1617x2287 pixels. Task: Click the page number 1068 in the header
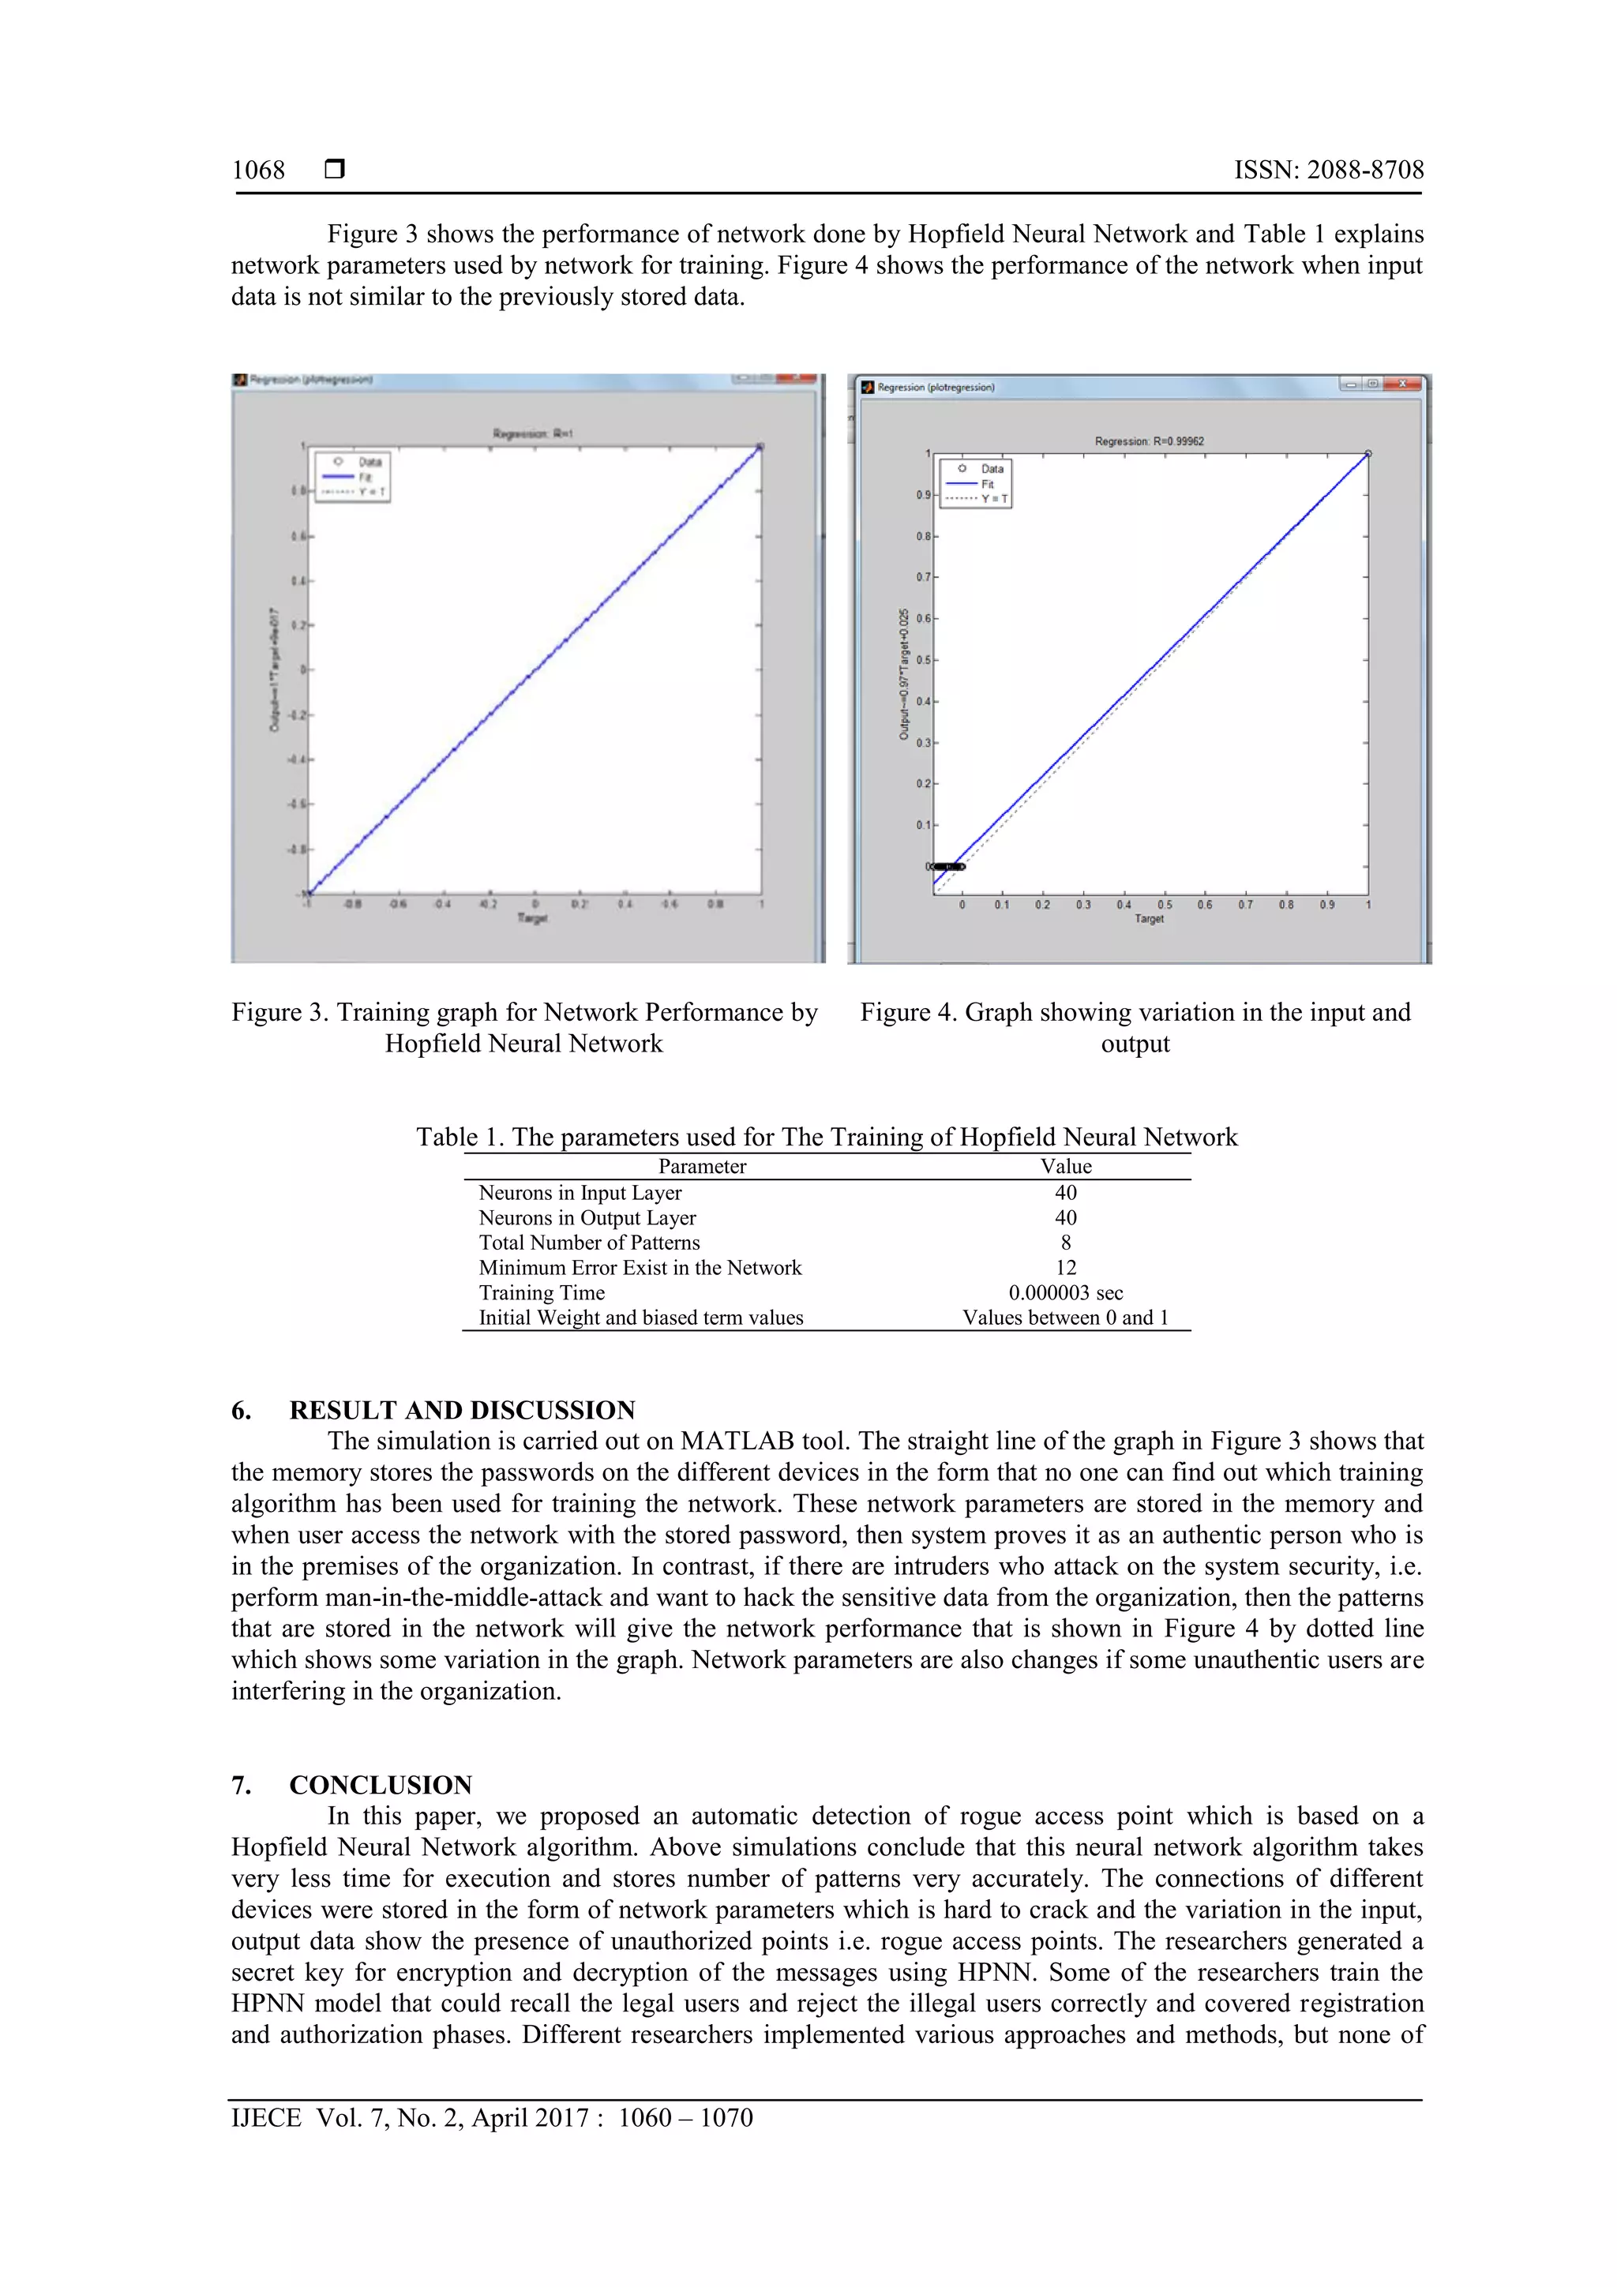pyautogui.click(x=258, y=171)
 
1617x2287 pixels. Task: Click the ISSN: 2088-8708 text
pyautogui.click(x=1328, y=171)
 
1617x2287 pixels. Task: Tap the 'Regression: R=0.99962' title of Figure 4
pyautogui.click(x=1149, y=441)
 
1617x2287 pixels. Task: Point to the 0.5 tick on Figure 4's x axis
pyautogui.click(x=1165, y=905)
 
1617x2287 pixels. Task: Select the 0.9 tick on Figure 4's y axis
pyautogui.click(x=924, y=495)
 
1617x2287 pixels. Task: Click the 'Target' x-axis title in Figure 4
pyautogui.click(x=1149, y=918)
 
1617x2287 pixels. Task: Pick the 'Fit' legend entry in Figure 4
pyautogui.click(x=988, y=484)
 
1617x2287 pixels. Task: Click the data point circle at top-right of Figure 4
pyautogui.click(x=1368, y=453)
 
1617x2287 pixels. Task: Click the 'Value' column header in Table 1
pyautogui.click(x=1066, y=1167)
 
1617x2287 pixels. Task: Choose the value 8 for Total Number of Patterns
pyautogui.click(x=1066, y=1242)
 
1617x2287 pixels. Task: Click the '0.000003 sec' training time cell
pyautogui.click(x=1066, y=1293)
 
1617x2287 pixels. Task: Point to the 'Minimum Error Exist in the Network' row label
pyautogui.click(x=640, y=1268)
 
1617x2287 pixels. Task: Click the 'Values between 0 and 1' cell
pyautogui.click(x=1065, y=1318)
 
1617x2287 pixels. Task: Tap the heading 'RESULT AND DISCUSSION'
pyautogui.click(x=463, y=1411)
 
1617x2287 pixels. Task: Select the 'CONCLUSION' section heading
pyautogui.click(x=381, y=1785)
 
